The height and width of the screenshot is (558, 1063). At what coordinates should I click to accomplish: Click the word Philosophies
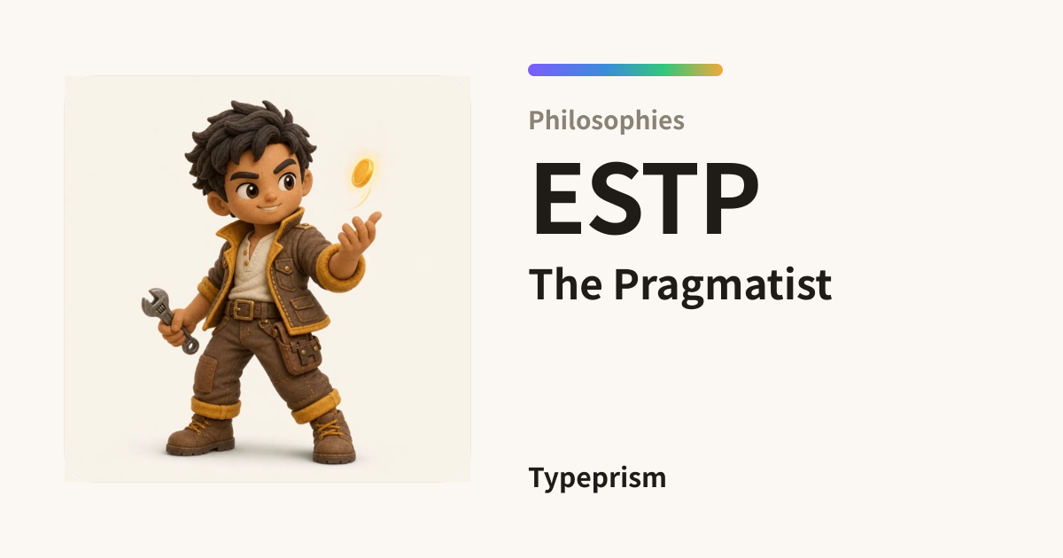pos(607,120)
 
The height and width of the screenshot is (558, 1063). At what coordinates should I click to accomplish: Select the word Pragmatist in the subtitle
pos(723,285)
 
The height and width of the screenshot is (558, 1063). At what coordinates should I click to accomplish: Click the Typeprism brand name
pos(597,478)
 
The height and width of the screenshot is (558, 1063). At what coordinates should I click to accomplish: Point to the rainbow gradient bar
pos(625,70)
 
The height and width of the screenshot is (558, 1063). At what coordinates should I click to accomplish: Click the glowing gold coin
pos(362,173)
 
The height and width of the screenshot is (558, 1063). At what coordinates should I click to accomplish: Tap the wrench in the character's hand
pos(169,321)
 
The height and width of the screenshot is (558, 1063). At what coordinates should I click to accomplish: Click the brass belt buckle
pos(243,309)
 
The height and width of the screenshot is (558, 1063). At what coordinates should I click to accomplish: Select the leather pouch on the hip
pos(297,349)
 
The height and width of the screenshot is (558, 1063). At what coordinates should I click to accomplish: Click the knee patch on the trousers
pos(206,375)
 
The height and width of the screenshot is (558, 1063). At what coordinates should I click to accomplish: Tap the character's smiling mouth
pos(268,207)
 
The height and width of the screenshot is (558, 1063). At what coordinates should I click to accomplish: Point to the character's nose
pos(270,195)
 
